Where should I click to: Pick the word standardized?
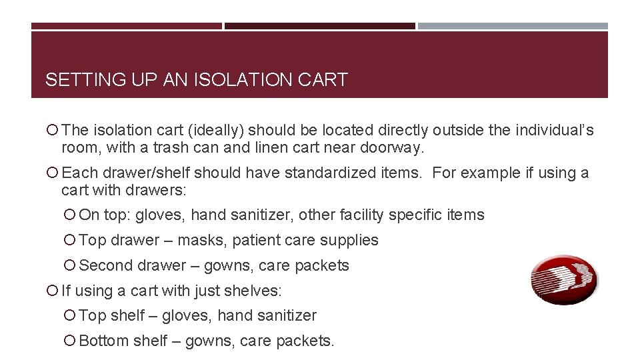pyautogui.click(x=331, y=173)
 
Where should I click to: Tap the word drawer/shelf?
pyautogui.click(x=143, y=173)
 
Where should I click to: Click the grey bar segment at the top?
pyautogui.click(x=513, y=27)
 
